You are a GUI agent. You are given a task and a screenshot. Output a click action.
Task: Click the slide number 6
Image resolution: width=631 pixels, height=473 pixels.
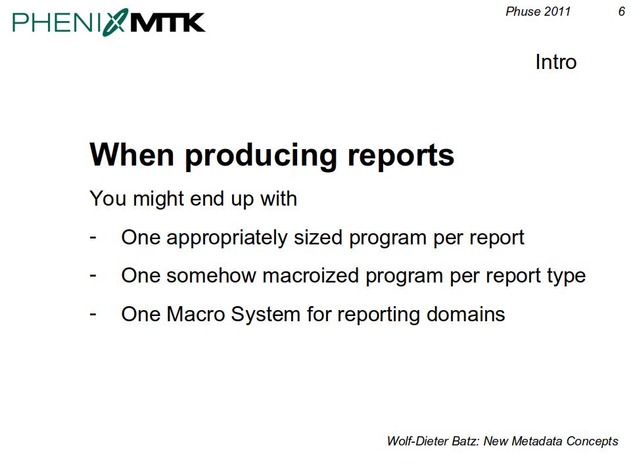[621, 11]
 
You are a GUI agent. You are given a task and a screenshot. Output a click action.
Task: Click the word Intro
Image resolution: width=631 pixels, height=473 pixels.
[556, 62]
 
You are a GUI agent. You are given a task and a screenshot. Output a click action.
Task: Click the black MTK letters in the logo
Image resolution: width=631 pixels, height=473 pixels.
[168, 22]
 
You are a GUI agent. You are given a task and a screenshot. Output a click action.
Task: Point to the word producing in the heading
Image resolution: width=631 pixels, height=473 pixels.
[261, 156]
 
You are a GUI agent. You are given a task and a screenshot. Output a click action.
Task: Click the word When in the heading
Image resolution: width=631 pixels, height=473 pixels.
[131, 154]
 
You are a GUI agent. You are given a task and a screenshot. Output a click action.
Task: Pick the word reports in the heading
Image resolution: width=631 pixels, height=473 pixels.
[401, 156]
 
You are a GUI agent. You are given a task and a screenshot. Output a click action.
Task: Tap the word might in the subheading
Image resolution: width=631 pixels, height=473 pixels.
[159, 198]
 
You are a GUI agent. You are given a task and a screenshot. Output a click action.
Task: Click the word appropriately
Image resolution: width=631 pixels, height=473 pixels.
[227, 238]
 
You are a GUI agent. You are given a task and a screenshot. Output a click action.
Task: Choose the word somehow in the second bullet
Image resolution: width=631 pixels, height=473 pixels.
[211, 275]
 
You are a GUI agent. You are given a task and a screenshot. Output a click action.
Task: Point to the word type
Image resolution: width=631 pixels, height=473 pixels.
[566, 277]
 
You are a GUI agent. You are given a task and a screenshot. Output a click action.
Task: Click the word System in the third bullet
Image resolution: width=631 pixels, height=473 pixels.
[266, 315]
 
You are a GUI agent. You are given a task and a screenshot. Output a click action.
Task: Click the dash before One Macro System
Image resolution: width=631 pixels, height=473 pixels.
[93, 314]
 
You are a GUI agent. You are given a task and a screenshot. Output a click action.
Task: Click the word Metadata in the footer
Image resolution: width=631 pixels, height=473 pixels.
[537, 441]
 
